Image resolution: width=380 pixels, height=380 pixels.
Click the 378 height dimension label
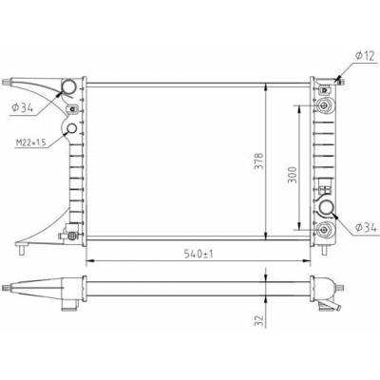[x=259, y=161]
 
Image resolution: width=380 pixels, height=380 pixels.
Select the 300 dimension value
[x=293, y=175]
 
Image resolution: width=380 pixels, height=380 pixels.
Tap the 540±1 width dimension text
[x=199, y=254]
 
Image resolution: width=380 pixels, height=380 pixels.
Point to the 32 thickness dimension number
[x=259, y=320]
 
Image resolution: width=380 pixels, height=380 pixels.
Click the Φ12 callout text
[x=365, y=56]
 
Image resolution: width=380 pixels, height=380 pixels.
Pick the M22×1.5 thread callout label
[x=31, y=142]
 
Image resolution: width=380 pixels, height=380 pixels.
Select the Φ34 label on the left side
[x=23, y=108]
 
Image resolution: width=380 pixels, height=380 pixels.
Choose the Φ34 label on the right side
[x=366, y=227]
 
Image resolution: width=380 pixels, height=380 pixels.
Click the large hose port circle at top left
[x=68, y=86]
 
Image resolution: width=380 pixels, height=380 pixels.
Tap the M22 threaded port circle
[x=72, y=128]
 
